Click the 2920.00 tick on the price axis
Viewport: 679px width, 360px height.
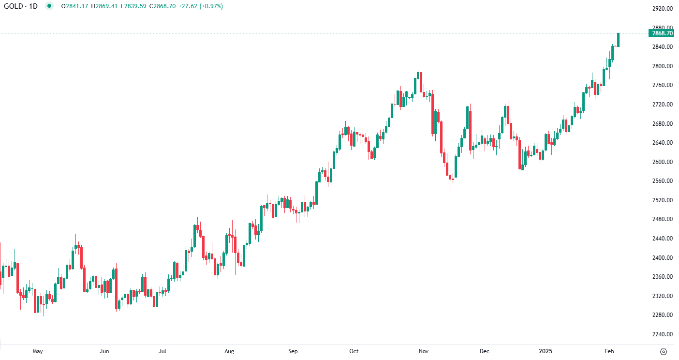pyautogui.click(x=662, y=9)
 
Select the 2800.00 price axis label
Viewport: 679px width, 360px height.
pyautogui.click(x=662, y=66)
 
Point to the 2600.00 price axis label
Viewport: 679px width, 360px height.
pyautogui.click(x=662, y=162)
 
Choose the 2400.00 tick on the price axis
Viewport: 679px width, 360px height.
pyautogui.click(x=662, y=258)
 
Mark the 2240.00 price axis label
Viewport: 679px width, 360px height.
pyautogui.click(x=662, y=334)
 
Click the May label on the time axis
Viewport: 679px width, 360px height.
pyautogui.click(x=38, y=351)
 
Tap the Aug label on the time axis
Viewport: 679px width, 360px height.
pyautogui.click(x=229, y=351)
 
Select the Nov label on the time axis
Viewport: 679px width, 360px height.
pyautogui.click(x=424, y=351)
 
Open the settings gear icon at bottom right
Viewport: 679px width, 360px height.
pyautogui.click(x=664, y=351)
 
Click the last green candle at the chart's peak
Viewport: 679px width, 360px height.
pyautogui.click(x=618, y=40)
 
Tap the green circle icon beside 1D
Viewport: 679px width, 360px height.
pyautogui.click(x=49, y=6)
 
